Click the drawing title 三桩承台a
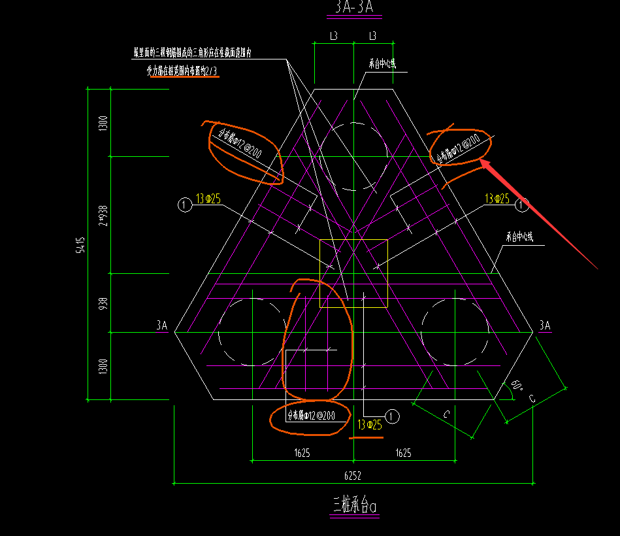(x=355, y=505)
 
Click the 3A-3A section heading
(x=354, y=8)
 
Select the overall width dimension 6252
(x=354, y=477)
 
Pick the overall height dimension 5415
(x=80, y=244)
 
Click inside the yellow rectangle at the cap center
(x=353, y=273)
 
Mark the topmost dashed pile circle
(x=353, y=156)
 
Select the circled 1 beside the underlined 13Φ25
(x=392, y=416)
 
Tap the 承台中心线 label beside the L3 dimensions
(x=382, y=64)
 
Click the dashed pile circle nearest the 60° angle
(x=455, y=332)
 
